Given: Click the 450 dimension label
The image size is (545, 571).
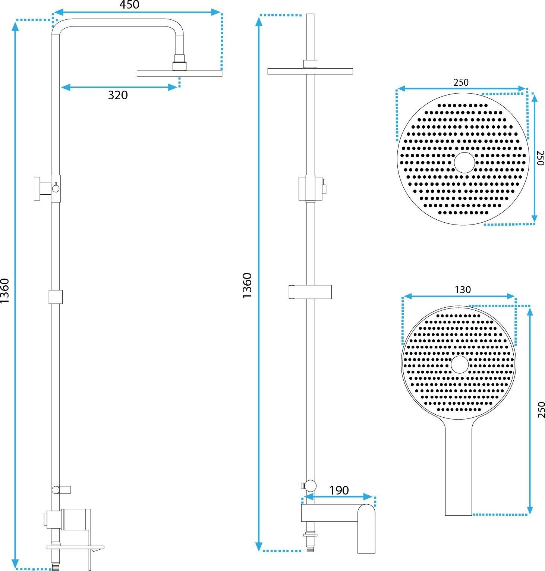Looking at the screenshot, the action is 129,5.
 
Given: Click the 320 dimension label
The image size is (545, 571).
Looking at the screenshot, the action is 118,95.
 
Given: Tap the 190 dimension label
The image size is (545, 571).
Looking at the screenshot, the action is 339,490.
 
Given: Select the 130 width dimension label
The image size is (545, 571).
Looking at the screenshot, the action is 463,290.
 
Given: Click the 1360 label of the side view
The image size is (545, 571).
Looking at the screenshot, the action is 5,291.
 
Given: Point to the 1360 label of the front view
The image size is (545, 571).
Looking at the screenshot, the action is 247,285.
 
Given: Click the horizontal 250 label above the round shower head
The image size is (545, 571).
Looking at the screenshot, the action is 461,82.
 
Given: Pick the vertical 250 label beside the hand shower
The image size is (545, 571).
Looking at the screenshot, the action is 541,410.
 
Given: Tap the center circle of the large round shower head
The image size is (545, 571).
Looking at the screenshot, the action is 464,163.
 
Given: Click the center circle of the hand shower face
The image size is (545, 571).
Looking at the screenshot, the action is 460,364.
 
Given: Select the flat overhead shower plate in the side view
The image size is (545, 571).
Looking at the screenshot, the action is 179,73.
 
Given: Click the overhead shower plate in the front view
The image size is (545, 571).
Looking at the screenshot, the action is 310,71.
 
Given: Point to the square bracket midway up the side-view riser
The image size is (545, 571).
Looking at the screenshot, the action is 56,297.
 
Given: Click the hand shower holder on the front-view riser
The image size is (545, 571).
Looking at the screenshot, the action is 310,292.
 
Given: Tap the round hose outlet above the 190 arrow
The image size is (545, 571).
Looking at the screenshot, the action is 310,485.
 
